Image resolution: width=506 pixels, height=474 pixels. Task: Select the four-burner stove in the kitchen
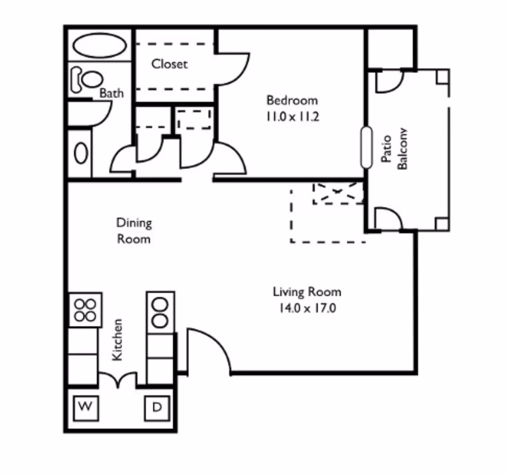85,309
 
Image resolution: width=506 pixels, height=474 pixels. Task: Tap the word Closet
169,64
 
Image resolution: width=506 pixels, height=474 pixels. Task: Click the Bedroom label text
292,100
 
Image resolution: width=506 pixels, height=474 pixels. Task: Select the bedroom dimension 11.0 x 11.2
292,116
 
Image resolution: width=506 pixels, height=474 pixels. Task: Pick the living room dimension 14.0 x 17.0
307,309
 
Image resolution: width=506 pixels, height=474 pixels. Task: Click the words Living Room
307,292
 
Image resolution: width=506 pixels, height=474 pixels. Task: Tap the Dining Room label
134,231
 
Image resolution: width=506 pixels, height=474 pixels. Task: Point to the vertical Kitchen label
118,339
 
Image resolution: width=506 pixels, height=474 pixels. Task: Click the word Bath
112,93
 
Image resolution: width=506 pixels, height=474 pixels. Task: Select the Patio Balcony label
394,149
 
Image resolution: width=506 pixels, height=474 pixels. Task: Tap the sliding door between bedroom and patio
366,148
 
